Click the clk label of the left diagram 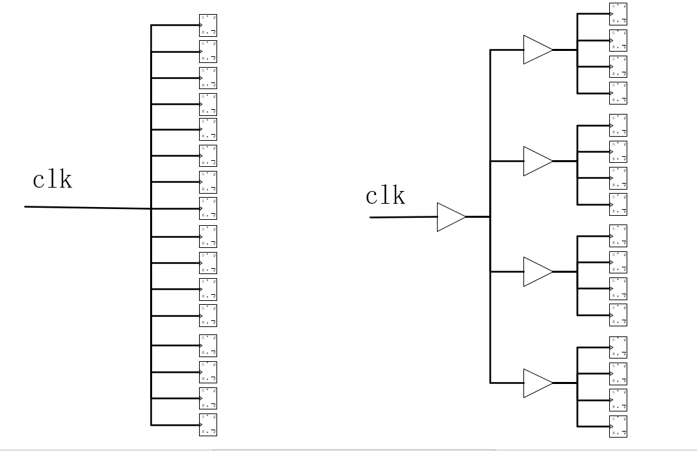coord(52,180)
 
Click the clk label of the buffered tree coord(385,196)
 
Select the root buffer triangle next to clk coord(450,217)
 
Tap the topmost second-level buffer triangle coord(536,50)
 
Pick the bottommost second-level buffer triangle coord(536,383)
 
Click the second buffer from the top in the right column coord(536,161)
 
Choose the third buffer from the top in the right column coord(536,271)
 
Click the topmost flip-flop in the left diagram coord(208,25)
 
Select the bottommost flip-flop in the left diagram coord(208,424)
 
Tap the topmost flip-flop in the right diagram coord(618,14)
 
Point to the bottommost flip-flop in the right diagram coord(618,426)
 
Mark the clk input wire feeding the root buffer coord(402,217)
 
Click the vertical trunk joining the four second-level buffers coord(491,322)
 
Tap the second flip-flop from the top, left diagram coord(208,51)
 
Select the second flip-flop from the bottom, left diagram coord(208,399)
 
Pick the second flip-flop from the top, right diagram coord(618,40)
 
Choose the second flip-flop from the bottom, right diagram coord(618,400)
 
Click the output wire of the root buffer coord(478,217)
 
